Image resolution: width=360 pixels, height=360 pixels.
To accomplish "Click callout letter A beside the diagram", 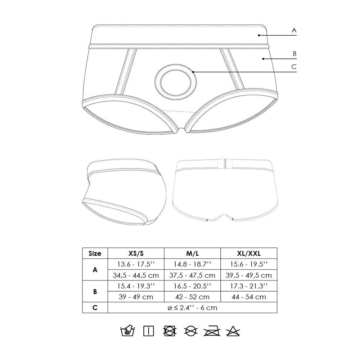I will pyautogui.click(x=294, y=31).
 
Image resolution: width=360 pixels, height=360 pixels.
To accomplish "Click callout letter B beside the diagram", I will pyautogui.click(x=294, y=54).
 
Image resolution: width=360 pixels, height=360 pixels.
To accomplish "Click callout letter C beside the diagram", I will pyautogui.click(x=294, y=66).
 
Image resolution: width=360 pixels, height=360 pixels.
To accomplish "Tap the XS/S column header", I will pyautogui.click(x=136, y=253).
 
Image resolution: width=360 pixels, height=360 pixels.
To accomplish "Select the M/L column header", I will pyautogui.click(x=192, y=253).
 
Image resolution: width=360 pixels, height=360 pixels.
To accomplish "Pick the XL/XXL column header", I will pyautogui.click(x=249, y=253).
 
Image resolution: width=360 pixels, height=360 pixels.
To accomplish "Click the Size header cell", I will pyautogui.click(x=95, y=253).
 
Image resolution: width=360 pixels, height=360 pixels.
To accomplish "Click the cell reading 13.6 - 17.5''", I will pyautogui.click(x=136, y=264).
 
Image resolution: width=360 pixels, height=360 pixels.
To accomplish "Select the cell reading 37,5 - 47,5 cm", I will pyautogui.click(x=192, y=275).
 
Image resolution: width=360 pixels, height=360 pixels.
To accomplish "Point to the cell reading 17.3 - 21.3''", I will pyautogui.click(x=249, y=286).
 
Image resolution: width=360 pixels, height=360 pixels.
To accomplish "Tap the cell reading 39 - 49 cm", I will pyautogui.click(x=136, y=297).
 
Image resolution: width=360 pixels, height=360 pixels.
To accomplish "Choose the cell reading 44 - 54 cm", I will pyautogui.click(x=249, y=297).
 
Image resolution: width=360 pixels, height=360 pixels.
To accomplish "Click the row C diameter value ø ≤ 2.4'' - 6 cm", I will pyautogui.click(x=192, y=308).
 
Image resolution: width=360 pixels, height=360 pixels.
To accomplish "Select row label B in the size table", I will pyautogui.click(x=95, y=292).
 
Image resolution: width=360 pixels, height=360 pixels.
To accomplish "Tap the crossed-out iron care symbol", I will pyautogui.click(x=211, y=330).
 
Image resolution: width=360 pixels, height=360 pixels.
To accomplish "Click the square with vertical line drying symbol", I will pyautogui.click(x=148, y=330).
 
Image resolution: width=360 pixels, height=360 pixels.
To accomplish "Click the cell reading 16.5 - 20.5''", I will pyautogui.click(x=192, y=286).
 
